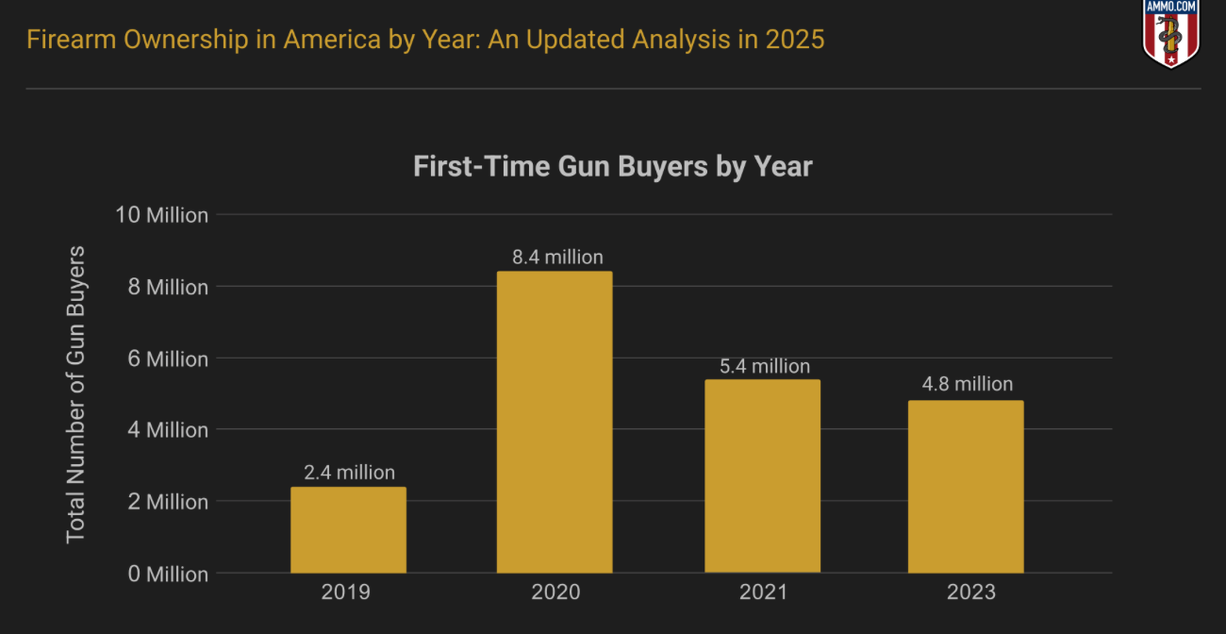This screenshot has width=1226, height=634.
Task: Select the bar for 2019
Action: click(x=348, y=529)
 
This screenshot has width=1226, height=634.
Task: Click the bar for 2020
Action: click(x=555, y=422)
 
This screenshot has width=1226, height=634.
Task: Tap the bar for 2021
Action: click(x=762, y=475)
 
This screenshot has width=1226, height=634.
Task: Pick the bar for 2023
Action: click(x=965, y=486)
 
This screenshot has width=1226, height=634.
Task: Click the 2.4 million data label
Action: click(x=349, y=473)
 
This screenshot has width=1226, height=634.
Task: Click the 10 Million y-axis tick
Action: click(x=161, y=215)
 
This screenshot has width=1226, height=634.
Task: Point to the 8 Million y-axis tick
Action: click(x=166, y=287)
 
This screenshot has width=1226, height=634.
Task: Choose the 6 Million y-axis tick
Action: click(x=166, y=359)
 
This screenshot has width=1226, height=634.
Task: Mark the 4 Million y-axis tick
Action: click(x=166, y=430)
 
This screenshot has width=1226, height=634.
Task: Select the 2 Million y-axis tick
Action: click(x=166, y=502)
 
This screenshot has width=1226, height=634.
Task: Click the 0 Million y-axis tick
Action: click(x=166, y=574)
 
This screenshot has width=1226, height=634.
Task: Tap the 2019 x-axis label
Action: click(x=346, y=593)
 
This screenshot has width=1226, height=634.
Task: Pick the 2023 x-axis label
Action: click(x=970, y=593)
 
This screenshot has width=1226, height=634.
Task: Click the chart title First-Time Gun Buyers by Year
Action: click(x=613, y=167)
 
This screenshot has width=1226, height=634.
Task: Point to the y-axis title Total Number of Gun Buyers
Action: click(x=76, y=394)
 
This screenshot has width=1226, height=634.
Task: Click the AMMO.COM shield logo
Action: click(x=1170, y=34)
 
